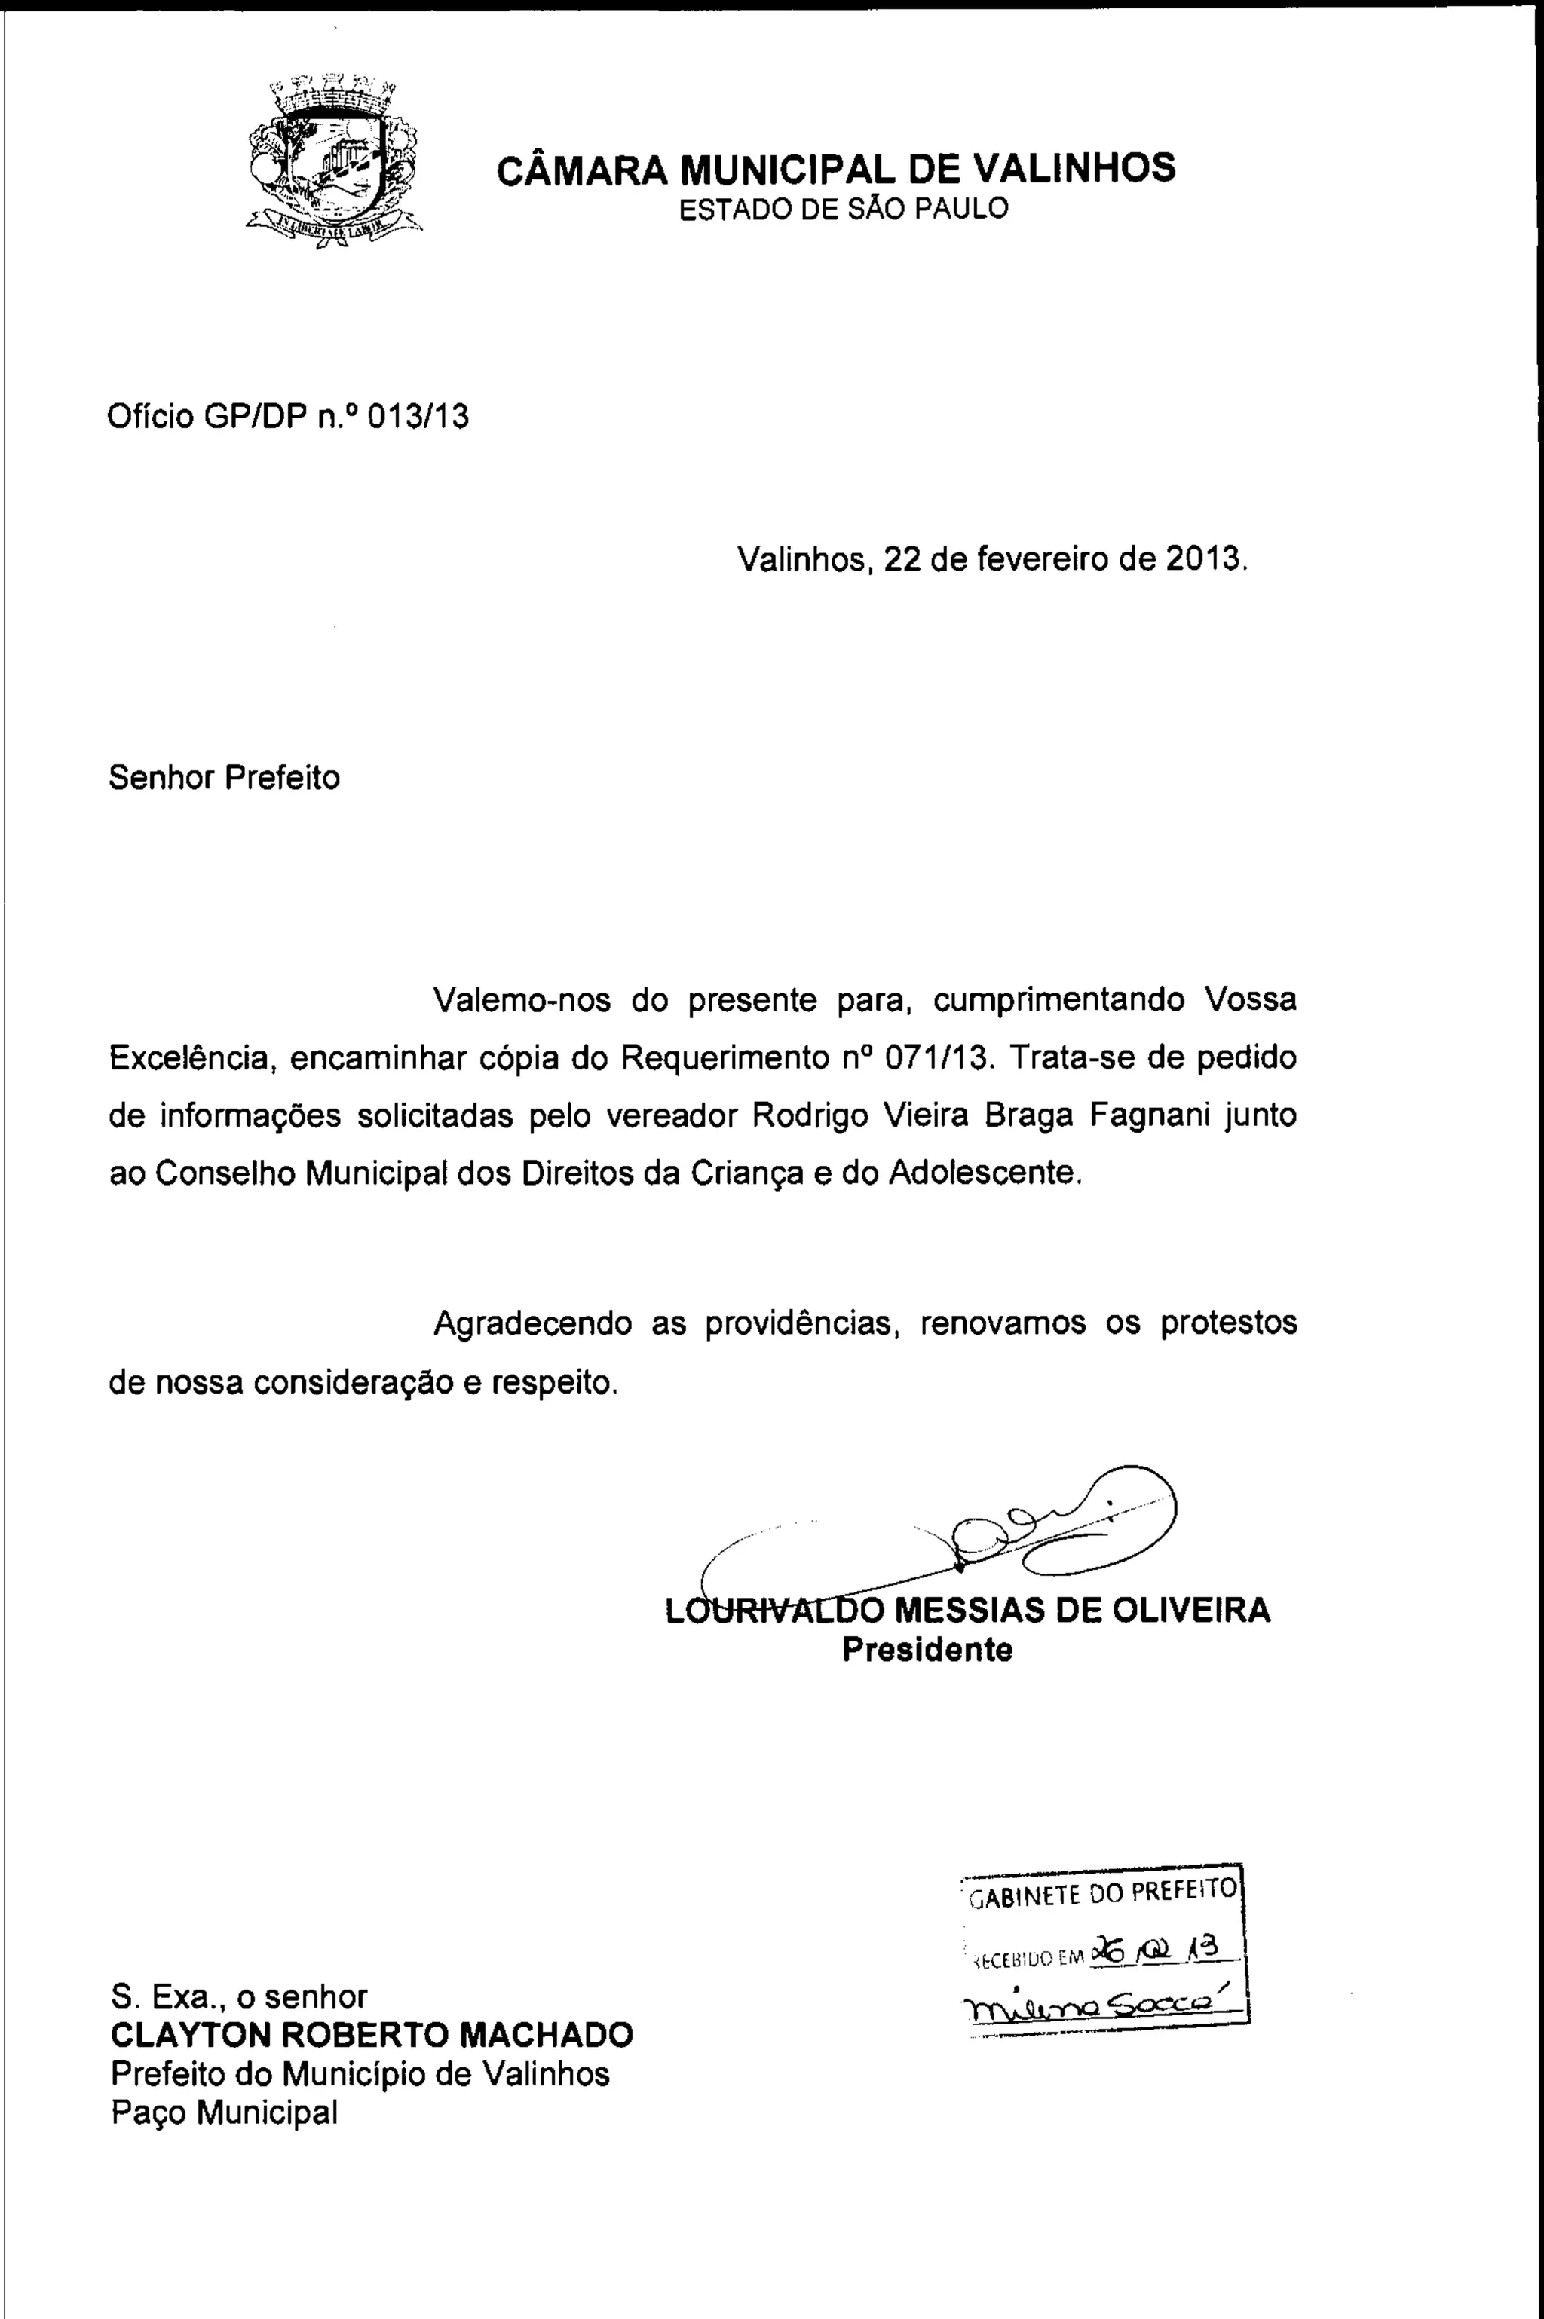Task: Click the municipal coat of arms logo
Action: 332,161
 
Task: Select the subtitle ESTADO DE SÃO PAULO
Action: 845,209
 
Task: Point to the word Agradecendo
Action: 533,1323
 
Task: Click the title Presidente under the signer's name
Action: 927,1650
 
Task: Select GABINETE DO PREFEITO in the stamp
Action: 1103,1891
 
